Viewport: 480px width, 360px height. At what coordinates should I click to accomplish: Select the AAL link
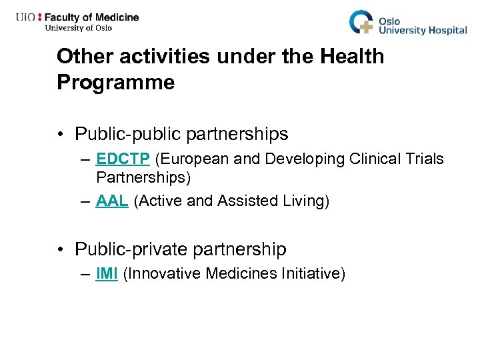coord(112,201)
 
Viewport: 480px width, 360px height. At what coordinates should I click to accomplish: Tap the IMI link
coord(107,273)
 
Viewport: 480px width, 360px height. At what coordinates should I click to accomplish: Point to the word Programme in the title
coord(115,82)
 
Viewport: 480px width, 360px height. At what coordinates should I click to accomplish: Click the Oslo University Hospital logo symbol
coord(363,22)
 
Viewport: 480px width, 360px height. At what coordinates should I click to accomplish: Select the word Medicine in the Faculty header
coord(115,17)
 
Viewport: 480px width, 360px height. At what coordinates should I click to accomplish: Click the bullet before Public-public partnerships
coord(61,135)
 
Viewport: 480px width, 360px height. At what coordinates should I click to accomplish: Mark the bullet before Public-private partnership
coord(61,250)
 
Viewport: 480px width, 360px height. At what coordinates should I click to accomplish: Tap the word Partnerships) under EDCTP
coord(143,177)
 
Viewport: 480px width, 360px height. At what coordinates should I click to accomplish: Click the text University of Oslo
coord(78,28)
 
